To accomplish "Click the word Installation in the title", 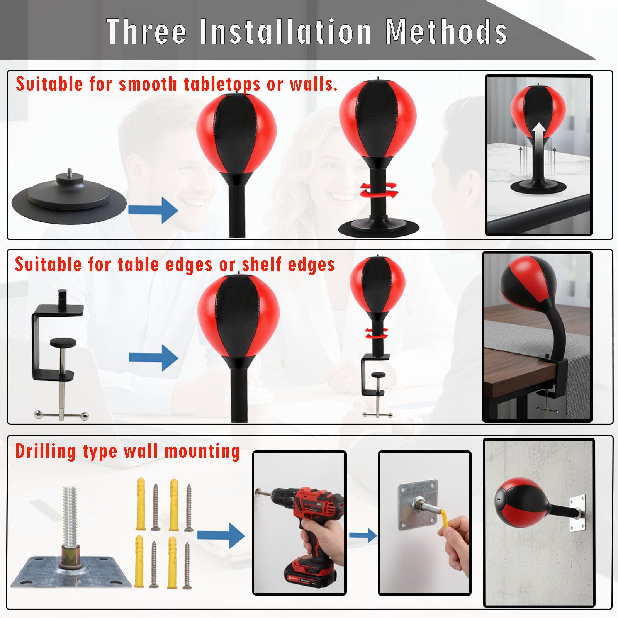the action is [286, 31].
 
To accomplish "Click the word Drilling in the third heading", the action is [46, 451].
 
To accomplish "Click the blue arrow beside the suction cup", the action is [153, 210].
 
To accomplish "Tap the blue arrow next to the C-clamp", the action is [153, 358].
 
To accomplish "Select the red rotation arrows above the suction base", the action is [379, 190].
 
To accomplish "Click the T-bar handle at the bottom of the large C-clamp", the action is [61, 415].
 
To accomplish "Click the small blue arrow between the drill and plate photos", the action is [363, 535].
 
